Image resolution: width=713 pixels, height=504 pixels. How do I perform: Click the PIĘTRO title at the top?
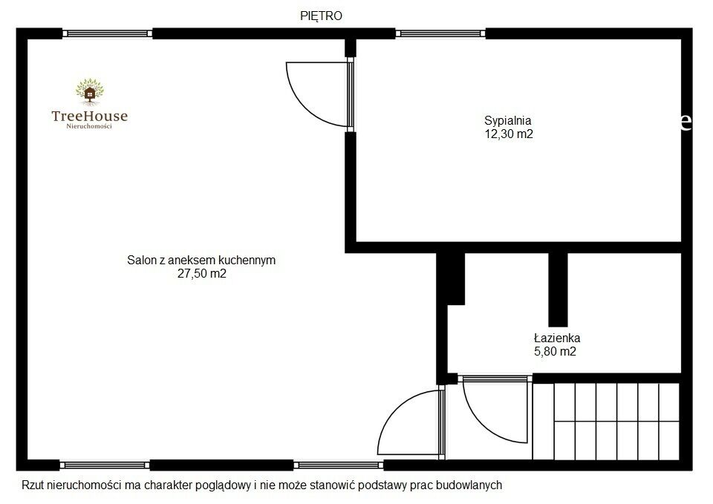[321, 16]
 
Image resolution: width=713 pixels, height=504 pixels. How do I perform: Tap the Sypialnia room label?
[508, 121]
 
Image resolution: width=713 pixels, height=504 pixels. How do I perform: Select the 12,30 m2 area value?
[509, 134]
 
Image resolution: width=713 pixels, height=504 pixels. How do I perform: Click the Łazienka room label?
[557, 338]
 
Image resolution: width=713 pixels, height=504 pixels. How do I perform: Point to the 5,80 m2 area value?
[555, 351]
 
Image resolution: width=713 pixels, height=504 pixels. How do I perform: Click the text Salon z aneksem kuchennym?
[201, 261]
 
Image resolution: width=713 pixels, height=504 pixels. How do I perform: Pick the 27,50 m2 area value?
[202, 274]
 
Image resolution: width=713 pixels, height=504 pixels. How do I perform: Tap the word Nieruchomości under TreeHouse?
[89, 126]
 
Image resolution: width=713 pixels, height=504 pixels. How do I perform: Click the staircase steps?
[606, 421]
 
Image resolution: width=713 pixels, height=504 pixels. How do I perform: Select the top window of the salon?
[107, 33]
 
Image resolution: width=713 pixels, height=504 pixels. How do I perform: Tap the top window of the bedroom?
[440, 33]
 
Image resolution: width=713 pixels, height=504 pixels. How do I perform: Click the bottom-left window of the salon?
[105, 465]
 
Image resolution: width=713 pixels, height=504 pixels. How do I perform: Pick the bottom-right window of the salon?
[339, 465]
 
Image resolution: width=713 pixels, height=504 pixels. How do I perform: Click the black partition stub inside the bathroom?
[558, 289]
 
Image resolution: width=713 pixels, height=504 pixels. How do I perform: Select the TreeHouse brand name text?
[90, 116]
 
